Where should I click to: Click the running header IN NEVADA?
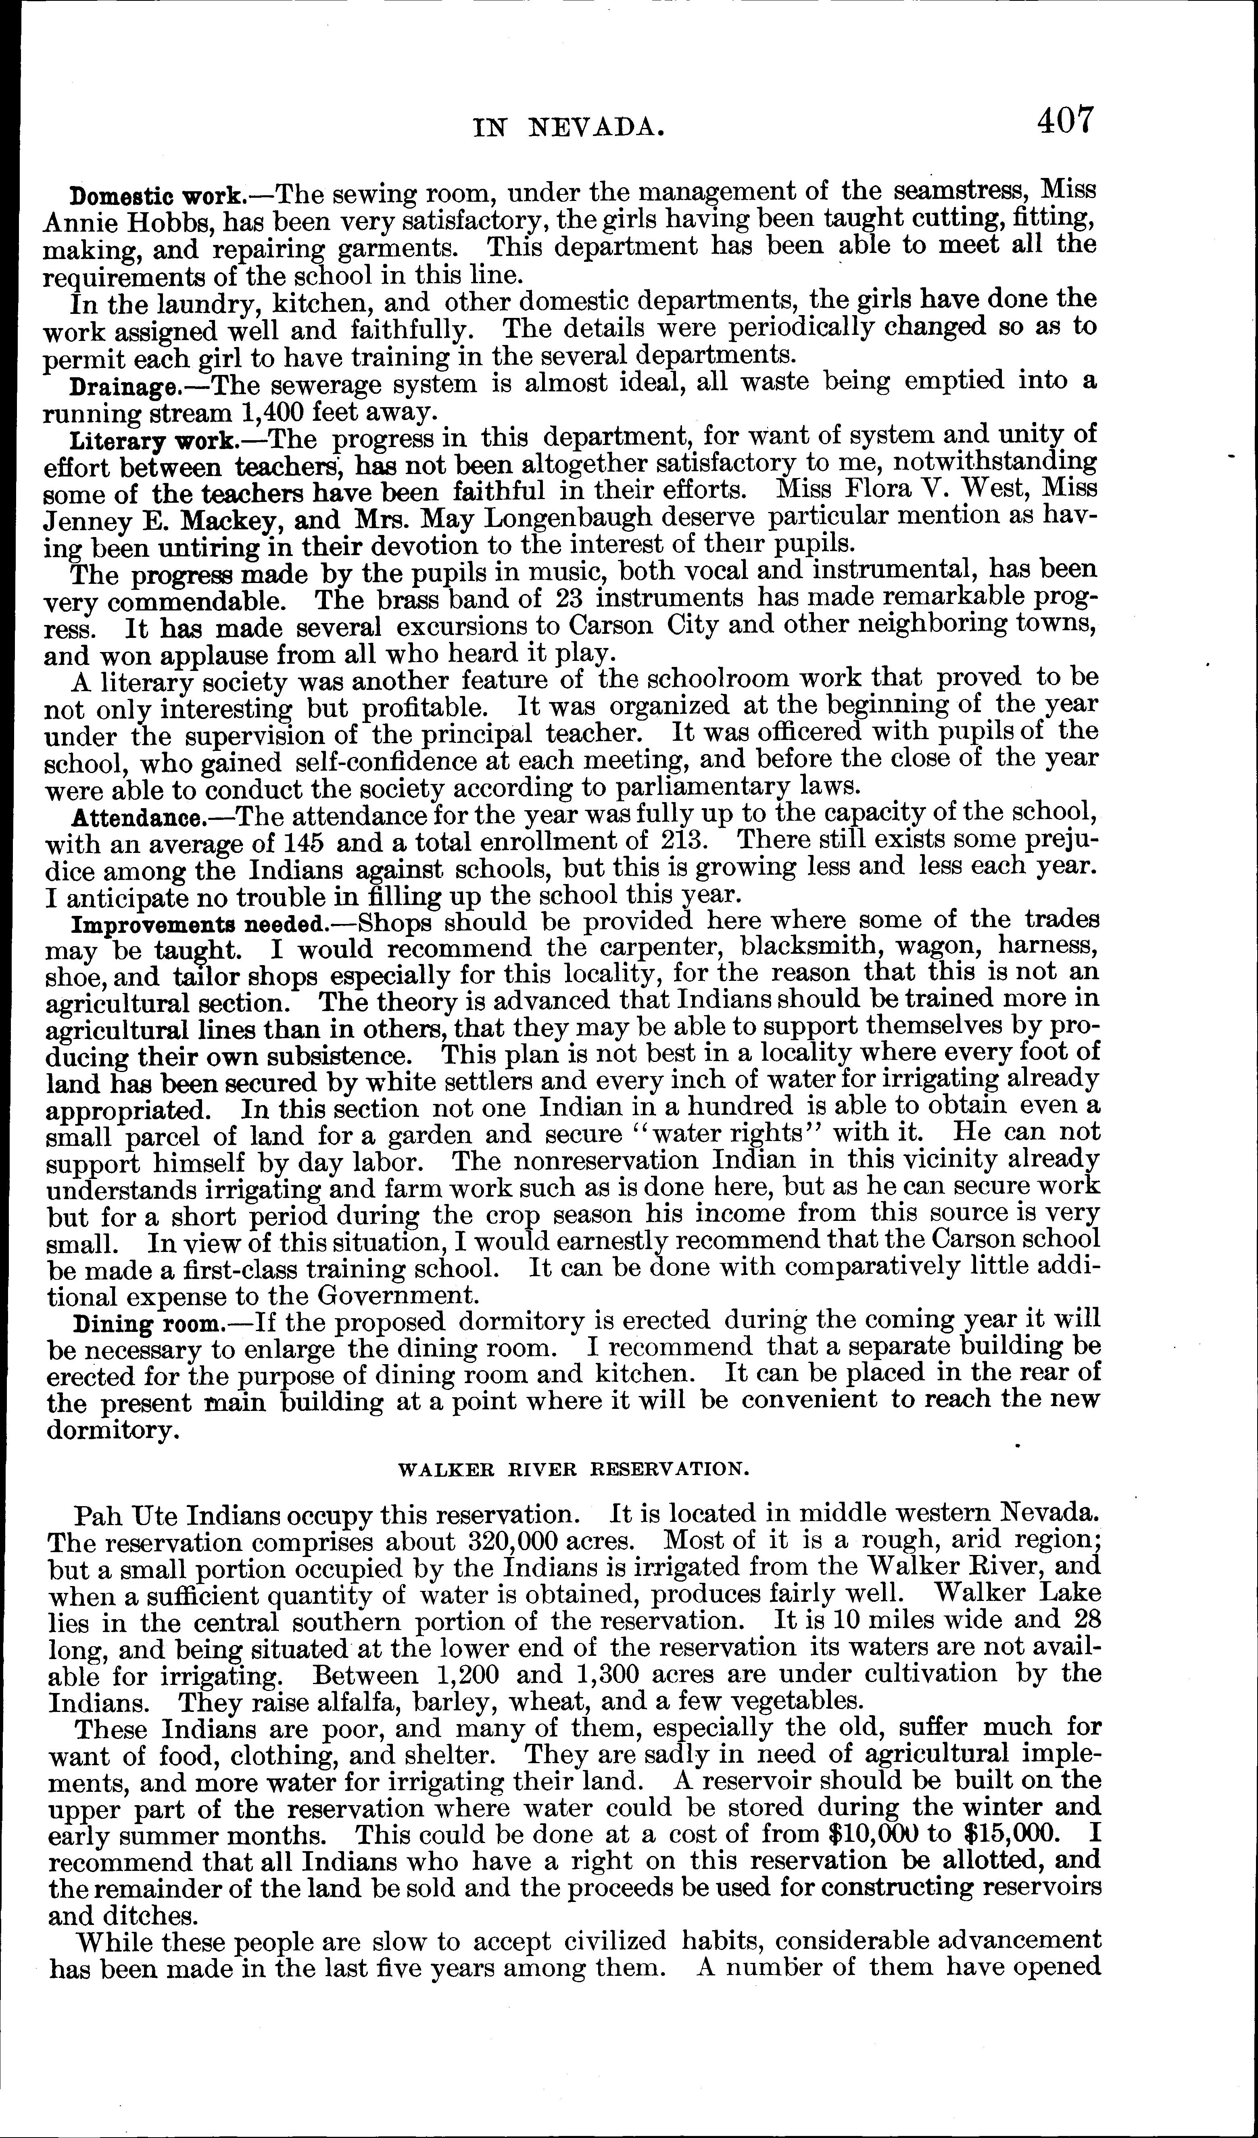point(567,127)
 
